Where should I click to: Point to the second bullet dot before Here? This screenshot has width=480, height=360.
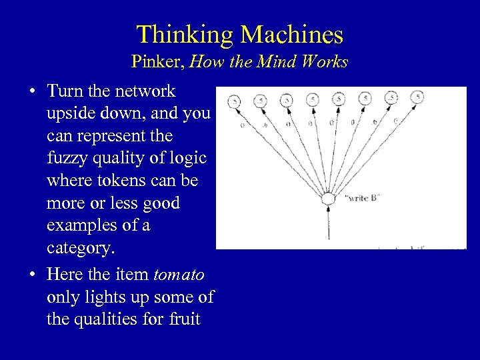(x=33, y=274)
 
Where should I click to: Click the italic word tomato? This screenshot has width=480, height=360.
(x=179, y=274)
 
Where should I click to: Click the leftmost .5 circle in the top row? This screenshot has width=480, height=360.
(x=235, y=101)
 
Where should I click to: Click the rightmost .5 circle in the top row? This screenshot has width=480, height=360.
(x=417, y=97)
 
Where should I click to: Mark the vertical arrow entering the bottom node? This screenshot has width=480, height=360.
(x=327, y=223)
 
